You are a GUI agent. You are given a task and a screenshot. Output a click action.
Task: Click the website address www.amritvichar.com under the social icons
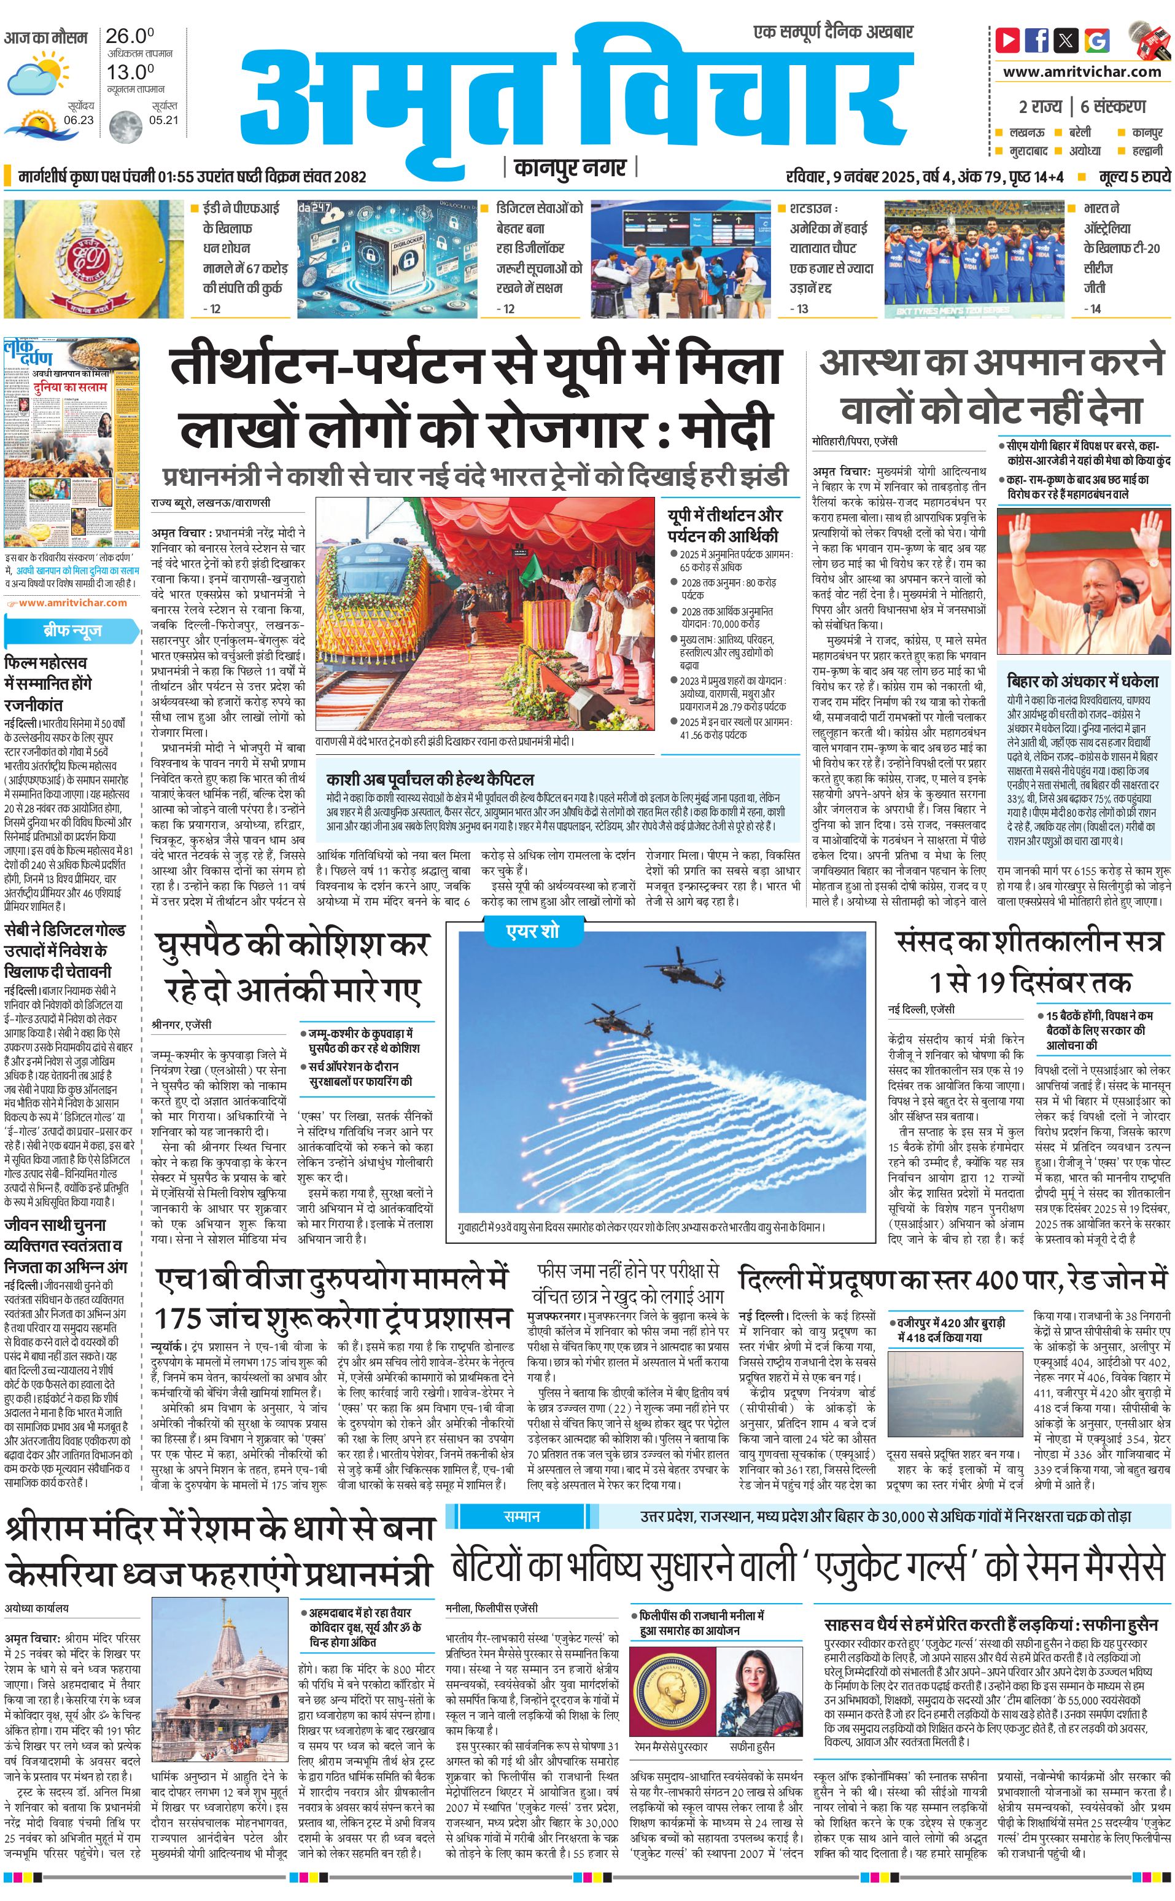pos(1081,71)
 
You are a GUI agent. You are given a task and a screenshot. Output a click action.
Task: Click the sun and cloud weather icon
pos(37,73)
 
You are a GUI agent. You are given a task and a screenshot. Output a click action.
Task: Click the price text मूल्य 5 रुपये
pos(1134,178)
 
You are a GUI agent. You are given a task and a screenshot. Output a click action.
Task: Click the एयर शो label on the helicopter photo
pos(532,931)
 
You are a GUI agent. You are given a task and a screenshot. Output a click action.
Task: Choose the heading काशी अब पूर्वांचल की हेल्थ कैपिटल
pos(430,779)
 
